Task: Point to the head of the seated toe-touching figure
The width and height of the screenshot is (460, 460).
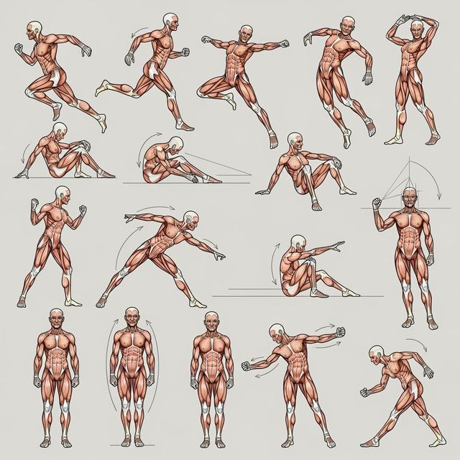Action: click(x=175, y=143)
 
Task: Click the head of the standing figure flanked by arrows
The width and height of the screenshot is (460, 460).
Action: click(x=132, y=316)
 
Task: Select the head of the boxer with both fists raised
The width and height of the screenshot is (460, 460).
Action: click(x=62, y=194)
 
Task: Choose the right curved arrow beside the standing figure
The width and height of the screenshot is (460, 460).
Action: click(x=153, y=359)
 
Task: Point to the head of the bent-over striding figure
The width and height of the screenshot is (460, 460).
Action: click(x=377, y=353)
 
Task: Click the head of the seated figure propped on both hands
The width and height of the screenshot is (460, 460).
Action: click(x=295, y=140)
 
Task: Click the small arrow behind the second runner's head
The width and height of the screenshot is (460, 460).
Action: click(x=139, y=31)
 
